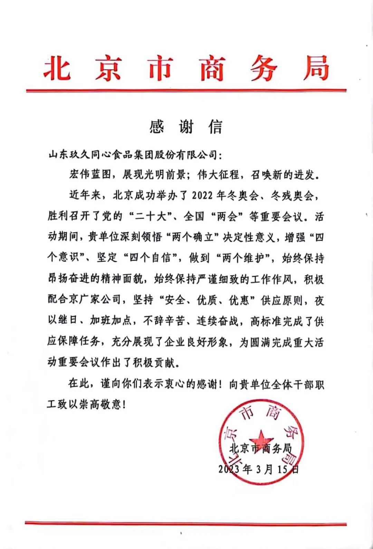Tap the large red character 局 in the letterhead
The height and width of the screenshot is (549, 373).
(x=316, y=68)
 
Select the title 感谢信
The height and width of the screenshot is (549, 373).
(x=186, y=127)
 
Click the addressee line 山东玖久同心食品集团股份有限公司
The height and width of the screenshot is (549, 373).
(x=133, y=155)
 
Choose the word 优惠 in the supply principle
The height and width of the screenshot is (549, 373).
(x=239, y=300)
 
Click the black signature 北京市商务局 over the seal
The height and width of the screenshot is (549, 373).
(x=261, y=449)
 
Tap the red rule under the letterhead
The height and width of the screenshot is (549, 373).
(x=186, y=90)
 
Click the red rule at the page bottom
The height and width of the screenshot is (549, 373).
(x=186, y=524)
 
